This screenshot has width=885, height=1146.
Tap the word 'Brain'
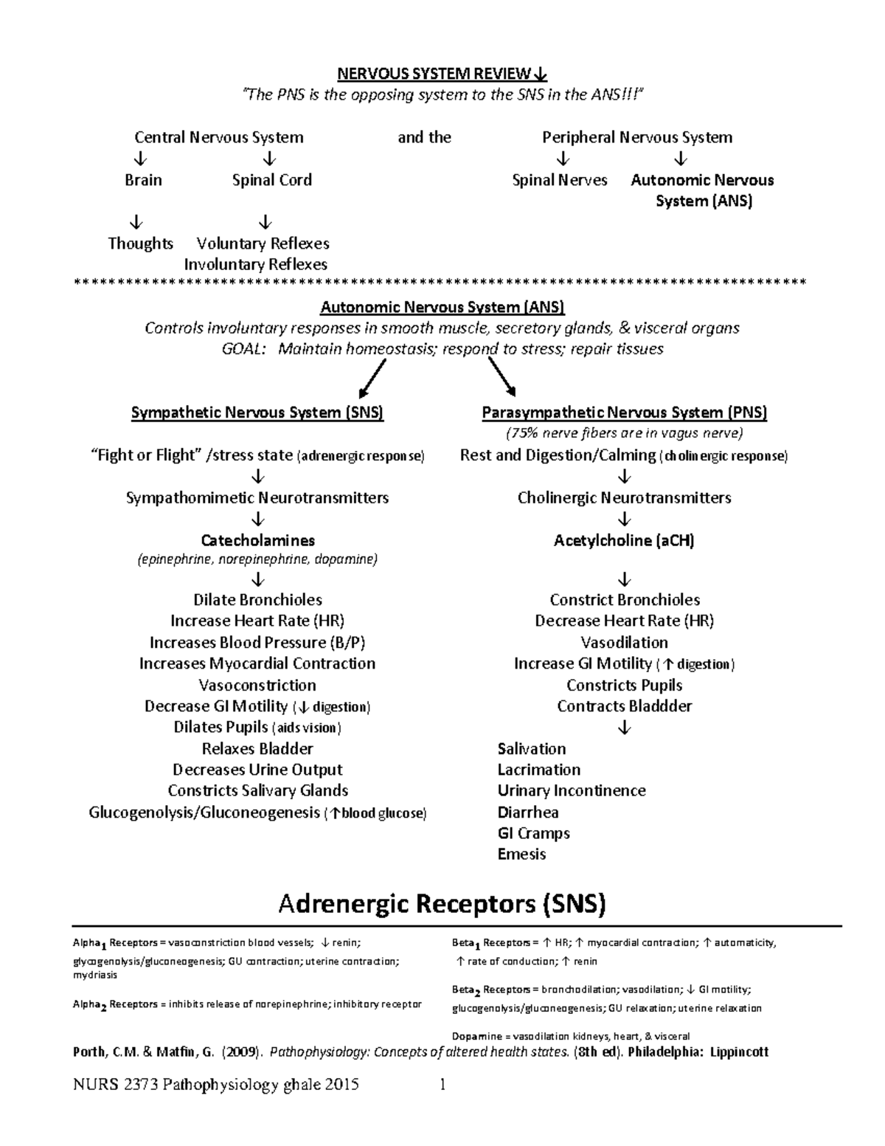click(x=143, y=180)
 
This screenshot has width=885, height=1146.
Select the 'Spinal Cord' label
click(x=271, y=180)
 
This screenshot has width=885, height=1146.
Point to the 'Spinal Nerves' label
click(x=560, y=180)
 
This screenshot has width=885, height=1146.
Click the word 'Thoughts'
click(x=140, y=244)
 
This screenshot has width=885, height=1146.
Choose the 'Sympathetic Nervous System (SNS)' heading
click(x=257, y=413)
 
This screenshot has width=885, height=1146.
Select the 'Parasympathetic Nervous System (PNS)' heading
click(x=624, y=413)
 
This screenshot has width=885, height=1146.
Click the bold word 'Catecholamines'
click(x=257, y=541)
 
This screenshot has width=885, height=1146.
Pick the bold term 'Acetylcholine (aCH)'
click(x=624, y=541)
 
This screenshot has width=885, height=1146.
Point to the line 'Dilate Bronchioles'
click(x=257, y=600)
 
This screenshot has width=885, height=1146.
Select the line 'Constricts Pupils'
click(x=624, y=685)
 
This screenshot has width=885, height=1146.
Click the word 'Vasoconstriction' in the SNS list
click(x=257, y=685)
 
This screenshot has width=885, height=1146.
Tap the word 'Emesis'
click(x=521, y=855)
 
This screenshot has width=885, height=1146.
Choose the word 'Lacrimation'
click(x=538, y=770)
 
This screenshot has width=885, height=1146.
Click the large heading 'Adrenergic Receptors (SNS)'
click(x=442, y=904)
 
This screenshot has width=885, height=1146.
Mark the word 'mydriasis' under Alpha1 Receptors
click(x=94, y=975)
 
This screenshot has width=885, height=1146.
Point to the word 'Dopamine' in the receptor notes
click(x=476, y=1036)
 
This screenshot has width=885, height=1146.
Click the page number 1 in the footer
click(x=442, y=1085)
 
